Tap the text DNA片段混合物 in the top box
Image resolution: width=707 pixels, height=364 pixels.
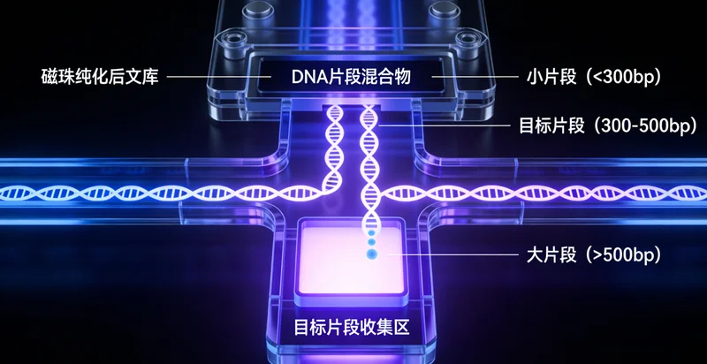click(352, 77)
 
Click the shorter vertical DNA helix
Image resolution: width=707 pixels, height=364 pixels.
click(335, 146)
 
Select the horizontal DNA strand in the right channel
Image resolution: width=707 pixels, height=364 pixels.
click(548, 191)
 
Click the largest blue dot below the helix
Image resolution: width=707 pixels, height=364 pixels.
click(370, 255)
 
